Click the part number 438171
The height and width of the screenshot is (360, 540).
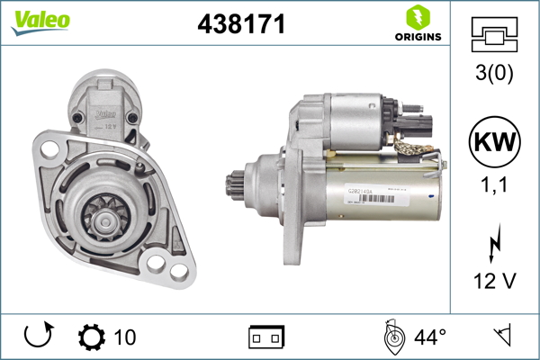coord(241,24)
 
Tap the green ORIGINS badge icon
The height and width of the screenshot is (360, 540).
coord(417,17)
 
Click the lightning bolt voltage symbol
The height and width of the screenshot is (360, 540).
coord(495,246)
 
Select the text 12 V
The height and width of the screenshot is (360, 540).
coord(495,281)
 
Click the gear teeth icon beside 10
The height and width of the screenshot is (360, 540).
coord(91,337)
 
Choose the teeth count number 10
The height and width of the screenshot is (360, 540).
coord(125,337)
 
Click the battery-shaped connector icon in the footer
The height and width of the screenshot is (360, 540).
coord(265,337)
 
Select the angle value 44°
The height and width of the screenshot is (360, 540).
coord(430,337)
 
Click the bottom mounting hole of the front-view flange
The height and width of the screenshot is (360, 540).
coord(170,266)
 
